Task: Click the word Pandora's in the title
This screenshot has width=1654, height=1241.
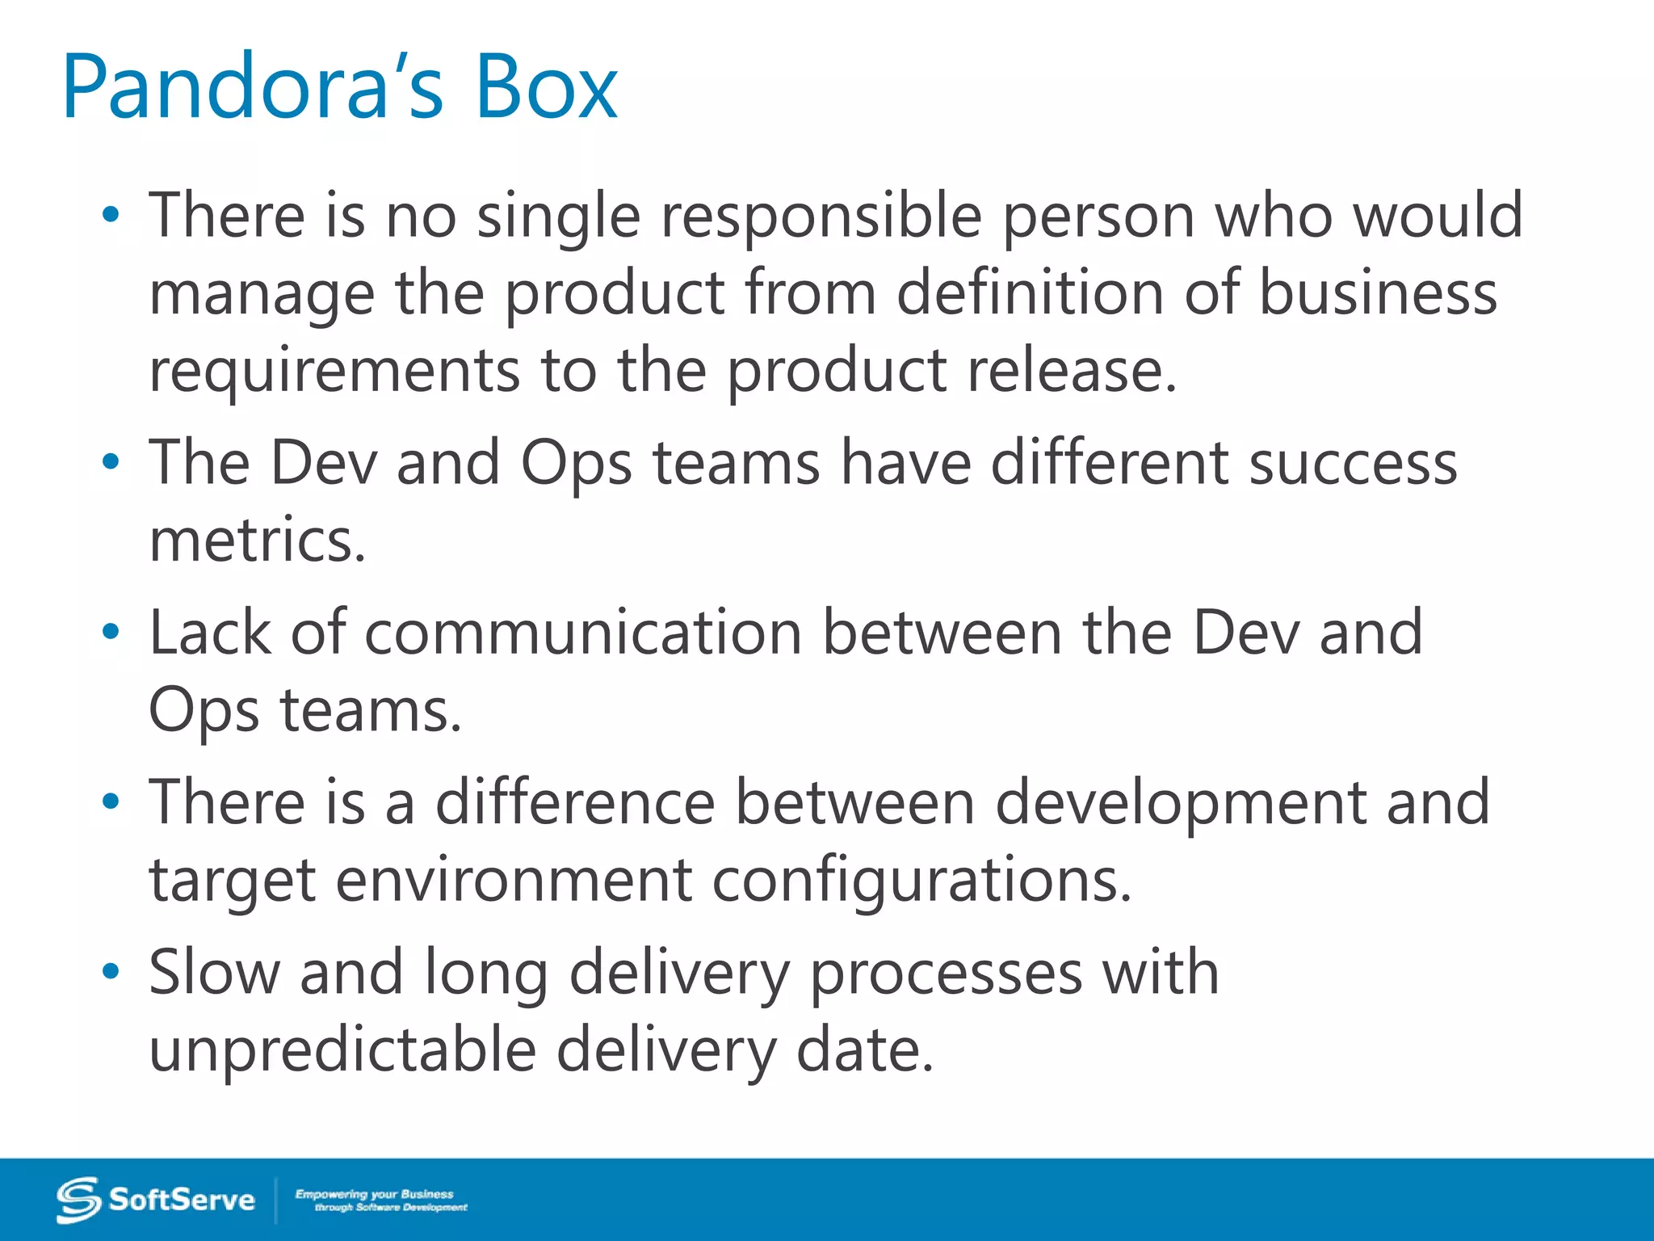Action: (252, 86)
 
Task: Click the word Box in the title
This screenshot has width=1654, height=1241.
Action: (546, 86)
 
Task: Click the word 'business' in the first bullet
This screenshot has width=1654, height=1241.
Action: (1378, 292)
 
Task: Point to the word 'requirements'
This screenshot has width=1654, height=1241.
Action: (334, 371)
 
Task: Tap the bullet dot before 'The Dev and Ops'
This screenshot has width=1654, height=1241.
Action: (111, 462)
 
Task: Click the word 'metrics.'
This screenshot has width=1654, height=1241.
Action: (258, 541)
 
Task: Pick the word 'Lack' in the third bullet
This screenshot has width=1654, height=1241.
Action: (210, 632)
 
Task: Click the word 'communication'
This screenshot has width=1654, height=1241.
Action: (582, 632)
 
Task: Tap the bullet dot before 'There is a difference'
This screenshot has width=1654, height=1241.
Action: (111, 801)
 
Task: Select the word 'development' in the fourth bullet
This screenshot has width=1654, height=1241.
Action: (1180, 803)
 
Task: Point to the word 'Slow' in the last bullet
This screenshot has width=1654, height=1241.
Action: (214, 972)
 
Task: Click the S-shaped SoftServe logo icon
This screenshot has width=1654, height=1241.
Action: (78, 1200)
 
